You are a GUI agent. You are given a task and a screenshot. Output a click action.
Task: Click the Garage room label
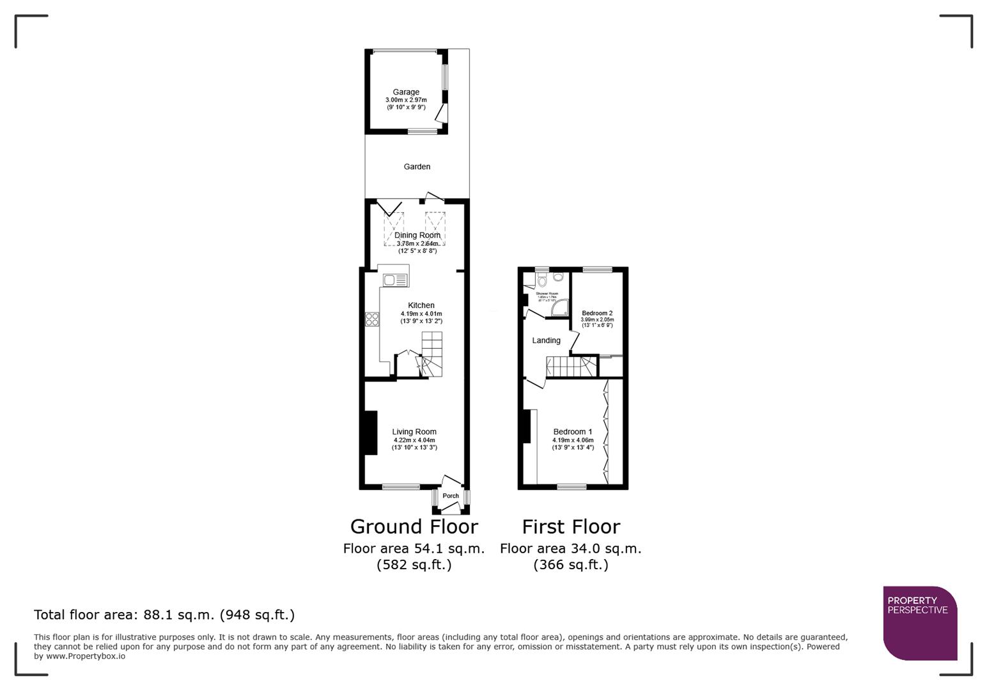[x=406, y=92]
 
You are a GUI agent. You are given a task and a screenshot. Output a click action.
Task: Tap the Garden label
[x=417, y=167]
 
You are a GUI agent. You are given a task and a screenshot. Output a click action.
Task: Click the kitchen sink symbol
[x=395, y=280]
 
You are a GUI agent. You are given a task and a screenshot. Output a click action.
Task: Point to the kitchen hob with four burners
[x=371, y=319]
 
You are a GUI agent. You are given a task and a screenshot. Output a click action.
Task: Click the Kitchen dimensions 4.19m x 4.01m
[x=421, y=314]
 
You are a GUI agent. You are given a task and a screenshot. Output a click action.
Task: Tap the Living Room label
[x=414, y=432]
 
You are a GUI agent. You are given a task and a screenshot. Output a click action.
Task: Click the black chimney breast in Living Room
[x=369, y=433]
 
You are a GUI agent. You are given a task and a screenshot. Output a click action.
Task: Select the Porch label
[x=451, y=496]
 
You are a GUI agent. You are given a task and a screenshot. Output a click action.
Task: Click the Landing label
[x=546, y=341]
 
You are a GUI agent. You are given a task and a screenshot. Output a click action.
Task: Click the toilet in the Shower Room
[x=542, y=280]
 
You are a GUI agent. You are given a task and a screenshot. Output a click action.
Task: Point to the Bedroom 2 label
[x=597, y=313]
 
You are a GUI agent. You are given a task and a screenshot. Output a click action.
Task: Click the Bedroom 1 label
[x=573, y=432]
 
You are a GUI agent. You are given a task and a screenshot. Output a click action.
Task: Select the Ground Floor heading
[x=414, y=526]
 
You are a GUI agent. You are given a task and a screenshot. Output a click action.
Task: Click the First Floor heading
[x=571, y=526]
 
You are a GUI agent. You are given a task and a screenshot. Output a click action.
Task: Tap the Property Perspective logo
[x=920, y=623]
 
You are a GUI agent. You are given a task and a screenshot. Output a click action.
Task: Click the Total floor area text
[x=164, y=615]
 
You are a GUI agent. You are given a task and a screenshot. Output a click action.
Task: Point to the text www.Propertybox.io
[x=86, y=656]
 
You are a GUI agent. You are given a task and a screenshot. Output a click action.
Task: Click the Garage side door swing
[x=440, y=113]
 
